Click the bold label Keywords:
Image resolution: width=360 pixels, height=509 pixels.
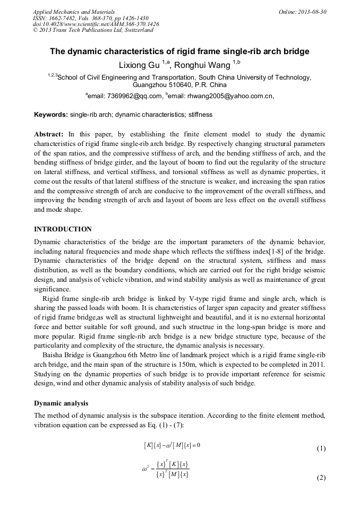point(51,114)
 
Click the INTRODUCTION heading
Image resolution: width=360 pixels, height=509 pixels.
point(63,229)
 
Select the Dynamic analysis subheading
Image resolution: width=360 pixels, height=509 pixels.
point(61,403)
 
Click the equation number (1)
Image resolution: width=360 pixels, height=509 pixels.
point(321,448)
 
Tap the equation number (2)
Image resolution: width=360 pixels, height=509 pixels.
point(321,477)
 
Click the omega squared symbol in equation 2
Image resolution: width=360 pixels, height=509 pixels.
point(145,469)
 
